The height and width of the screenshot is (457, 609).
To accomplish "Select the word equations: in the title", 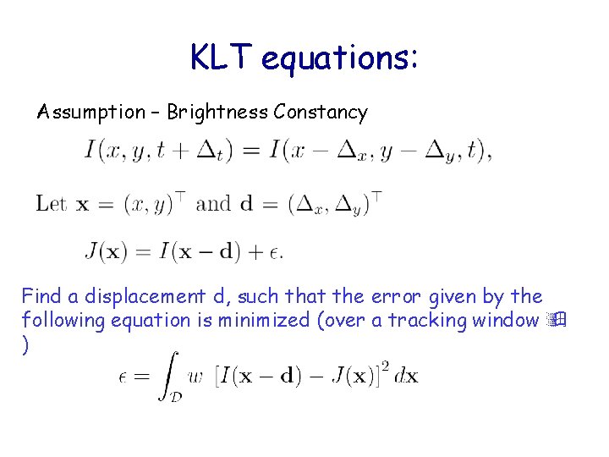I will tap(340, 59).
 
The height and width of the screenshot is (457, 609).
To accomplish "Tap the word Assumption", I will tap(91, 112).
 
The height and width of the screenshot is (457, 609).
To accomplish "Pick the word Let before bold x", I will tap(51, 203).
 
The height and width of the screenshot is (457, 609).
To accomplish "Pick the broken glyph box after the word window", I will tap(555, 320).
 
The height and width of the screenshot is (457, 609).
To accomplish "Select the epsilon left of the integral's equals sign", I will tap(123, 377).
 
